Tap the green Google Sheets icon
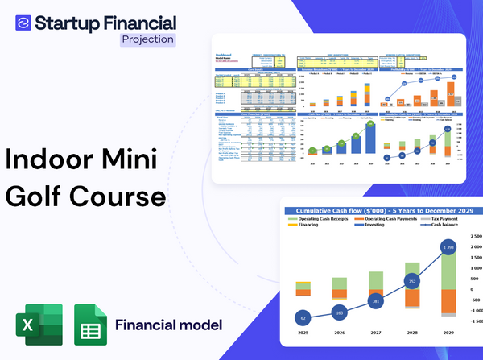90,325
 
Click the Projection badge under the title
147,39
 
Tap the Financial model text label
169,325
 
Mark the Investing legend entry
378,226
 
